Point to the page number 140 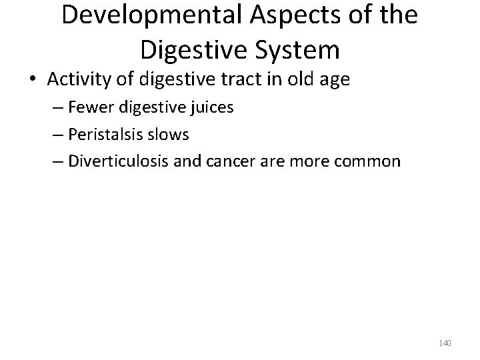click(445, 343)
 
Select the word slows click(171, 134)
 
